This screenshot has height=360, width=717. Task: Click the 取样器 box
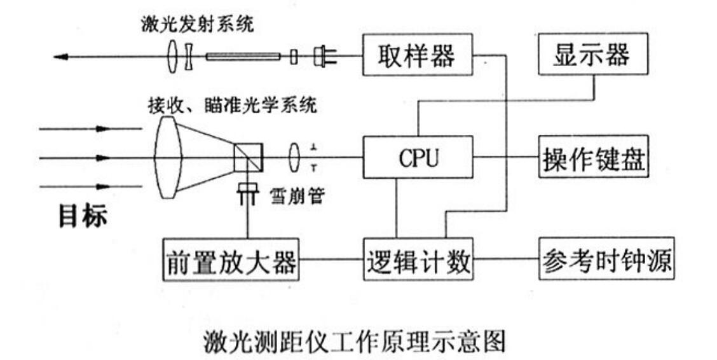(x=417, y=56)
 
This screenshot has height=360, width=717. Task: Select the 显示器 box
(x=592, y=55)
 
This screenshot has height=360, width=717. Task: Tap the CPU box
(x=418, y=157)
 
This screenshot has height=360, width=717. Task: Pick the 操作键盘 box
(x=592, y=157)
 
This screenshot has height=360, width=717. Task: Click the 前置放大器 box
(x=231, y=260)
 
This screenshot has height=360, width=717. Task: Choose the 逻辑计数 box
(x=418, y=260)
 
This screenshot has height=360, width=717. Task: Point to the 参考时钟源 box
(x=606, y=260)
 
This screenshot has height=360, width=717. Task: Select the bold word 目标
(x=83, y=217)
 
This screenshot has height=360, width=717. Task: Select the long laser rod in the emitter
(x=243, y=57)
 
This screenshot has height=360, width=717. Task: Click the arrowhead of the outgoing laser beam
(x=61, y=57)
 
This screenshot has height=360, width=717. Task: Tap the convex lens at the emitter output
(x=174, y=57)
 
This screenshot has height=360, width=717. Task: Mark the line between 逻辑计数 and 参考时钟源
(x=506, y=260)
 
